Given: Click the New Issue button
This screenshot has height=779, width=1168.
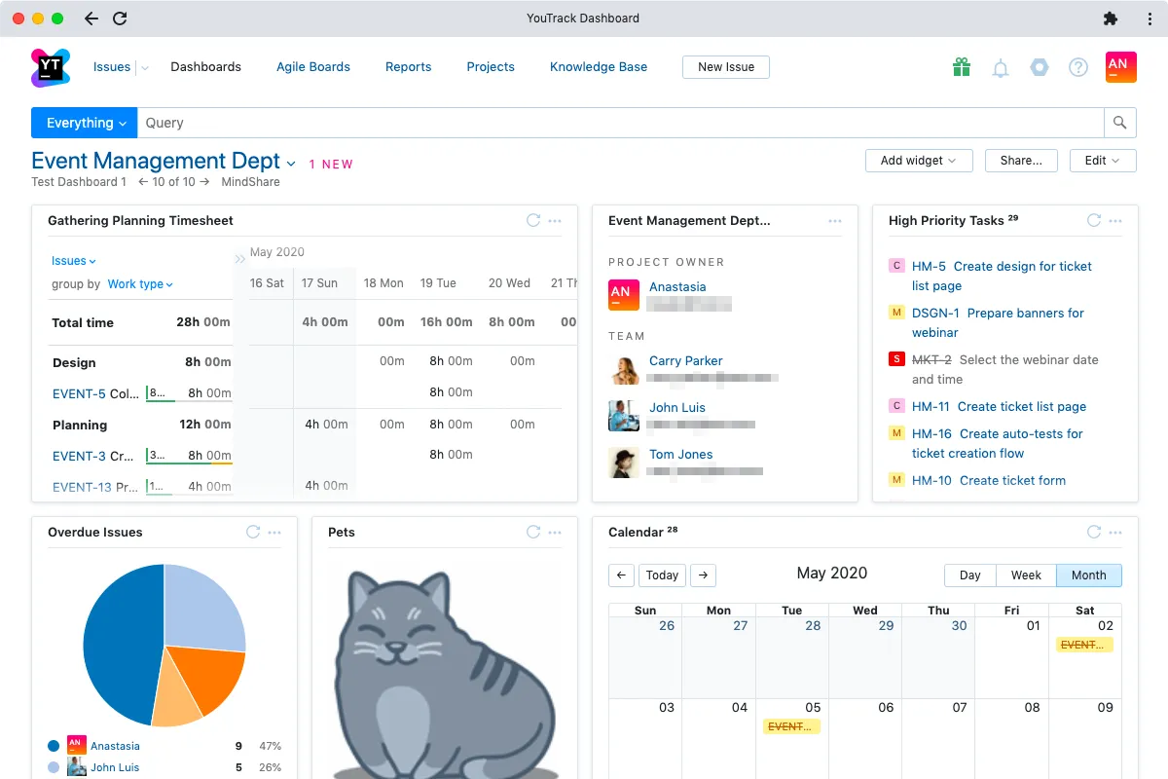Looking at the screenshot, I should pos(726,67).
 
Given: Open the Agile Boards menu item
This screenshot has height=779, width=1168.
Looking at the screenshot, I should pos(312,67).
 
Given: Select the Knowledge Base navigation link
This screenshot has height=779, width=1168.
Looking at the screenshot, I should pos(598,67).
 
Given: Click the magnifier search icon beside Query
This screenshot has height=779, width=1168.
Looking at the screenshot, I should pos(1119,123).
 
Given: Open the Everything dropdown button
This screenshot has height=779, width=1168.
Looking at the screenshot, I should pos(85,123).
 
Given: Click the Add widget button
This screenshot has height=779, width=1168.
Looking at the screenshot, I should pos(918,161).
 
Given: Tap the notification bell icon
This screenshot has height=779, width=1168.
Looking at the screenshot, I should pos(1000,68).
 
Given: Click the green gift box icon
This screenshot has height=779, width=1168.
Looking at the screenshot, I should pos(962,67).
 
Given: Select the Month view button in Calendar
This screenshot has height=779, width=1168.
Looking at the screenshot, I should pos(1088,575).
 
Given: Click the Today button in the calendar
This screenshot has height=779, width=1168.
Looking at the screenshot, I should pos(662,575).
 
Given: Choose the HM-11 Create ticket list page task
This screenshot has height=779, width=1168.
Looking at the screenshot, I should pos(999,407).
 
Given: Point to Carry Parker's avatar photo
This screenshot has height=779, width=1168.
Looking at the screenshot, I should pos(624,369).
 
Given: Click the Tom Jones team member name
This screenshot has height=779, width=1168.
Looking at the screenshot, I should pos(680,455).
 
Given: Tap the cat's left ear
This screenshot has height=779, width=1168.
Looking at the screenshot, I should pos(368,595).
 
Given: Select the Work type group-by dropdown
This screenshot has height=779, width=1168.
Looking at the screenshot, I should pos(140,284).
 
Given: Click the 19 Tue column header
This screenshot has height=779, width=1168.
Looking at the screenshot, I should pos(438,283).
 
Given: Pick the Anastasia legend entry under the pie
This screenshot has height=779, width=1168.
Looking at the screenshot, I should pos(115,746).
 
